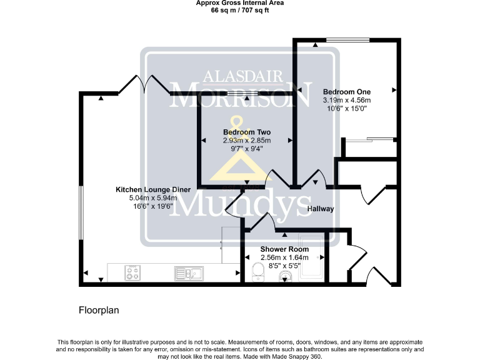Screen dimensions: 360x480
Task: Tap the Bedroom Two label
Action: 246,132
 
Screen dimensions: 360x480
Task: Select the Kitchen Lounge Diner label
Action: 145,189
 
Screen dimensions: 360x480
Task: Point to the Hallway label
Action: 320,209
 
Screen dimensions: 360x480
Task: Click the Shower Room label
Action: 284,249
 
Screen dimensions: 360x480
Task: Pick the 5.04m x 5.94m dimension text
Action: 145,198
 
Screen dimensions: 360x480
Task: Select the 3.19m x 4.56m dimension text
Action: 346,100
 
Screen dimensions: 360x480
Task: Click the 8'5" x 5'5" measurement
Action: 284,266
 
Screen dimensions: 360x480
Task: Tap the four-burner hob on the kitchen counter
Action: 133,272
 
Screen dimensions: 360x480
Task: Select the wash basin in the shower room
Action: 286,277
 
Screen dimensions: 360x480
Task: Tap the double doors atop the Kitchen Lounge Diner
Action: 144,84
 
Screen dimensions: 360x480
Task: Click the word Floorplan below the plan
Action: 99,309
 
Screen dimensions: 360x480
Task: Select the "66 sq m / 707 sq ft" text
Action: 239,10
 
